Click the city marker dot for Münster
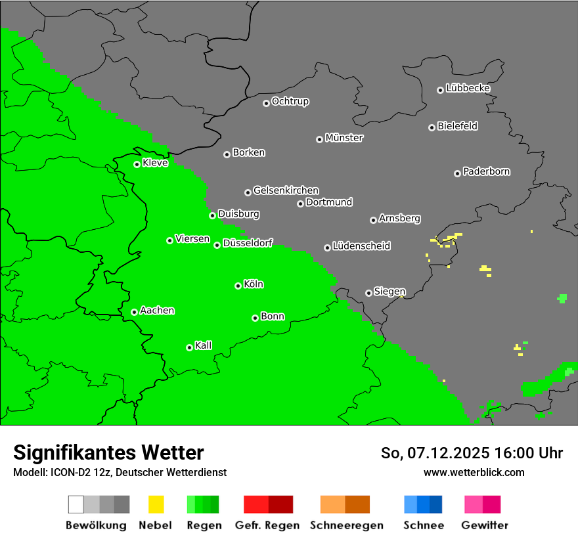point(319,139)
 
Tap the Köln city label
point(254,284)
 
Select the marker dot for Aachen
point(134,312)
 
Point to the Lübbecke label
point(468,88)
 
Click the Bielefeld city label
point(457,126)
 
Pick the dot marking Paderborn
point(457,173)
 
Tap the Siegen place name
point(389,292)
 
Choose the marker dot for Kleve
point(137,164)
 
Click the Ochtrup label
point(290,102)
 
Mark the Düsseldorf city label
point(248,243)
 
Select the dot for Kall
point(189,347)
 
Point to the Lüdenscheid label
point(361,246)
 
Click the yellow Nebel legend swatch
point(156,504)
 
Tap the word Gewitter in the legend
point(485,525)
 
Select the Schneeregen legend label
point(346,525)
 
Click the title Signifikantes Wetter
point(108,452)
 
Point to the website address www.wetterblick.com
point(474,472)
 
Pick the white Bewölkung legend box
point(76,504)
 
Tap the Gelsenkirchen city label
point(286,190)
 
